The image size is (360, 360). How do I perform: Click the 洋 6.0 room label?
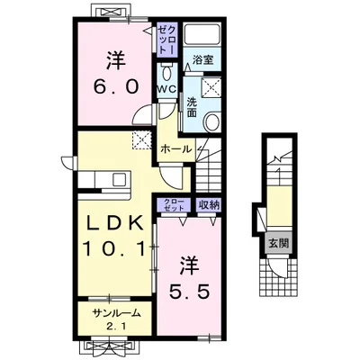[x=116, y=73]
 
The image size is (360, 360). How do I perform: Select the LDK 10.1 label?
[x=116, y=236]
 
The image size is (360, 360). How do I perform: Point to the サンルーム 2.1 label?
[x=116, y=319]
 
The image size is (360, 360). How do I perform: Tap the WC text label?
[x=166, y=89]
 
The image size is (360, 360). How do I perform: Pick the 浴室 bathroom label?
[x=202, y=59]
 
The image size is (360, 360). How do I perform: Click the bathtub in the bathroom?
[x=202, y=35]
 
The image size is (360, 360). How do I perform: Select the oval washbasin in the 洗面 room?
[x=212, y=121]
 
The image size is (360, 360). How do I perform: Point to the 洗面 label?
[x=192, y=107]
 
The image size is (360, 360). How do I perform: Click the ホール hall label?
[x=175, y=148]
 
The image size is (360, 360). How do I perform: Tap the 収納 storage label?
[x=209, y=205]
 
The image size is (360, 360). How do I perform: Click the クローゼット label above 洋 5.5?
[x=174, y=205]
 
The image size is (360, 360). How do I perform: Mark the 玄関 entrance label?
[x=278, y=243]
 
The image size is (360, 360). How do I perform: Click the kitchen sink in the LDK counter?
[x=119, y=180]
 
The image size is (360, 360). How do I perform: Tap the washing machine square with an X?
[x=211, y=87]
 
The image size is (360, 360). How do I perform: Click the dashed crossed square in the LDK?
[x=141, y=139]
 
